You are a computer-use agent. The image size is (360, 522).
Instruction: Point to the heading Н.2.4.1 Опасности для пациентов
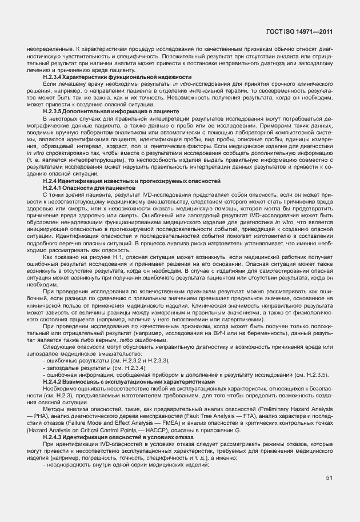[x=89, y=187]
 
